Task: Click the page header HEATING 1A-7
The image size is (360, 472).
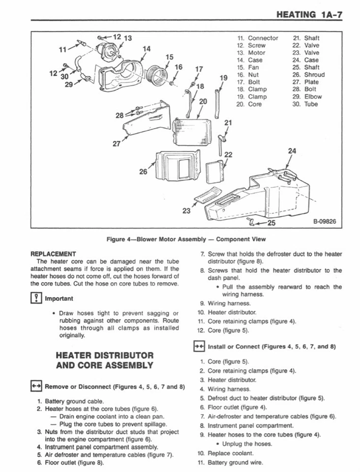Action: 309,15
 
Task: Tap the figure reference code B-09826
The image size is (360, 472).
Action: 324,222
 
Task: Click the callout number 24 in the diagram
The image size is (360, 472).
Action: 292,151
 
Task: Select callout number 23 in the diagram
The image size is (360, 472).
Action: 186,211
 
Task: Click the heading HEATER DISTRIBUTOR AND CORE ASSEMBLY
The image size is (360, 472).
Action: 105,360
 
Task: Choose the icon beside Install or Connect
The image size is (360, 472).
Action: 199,346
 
